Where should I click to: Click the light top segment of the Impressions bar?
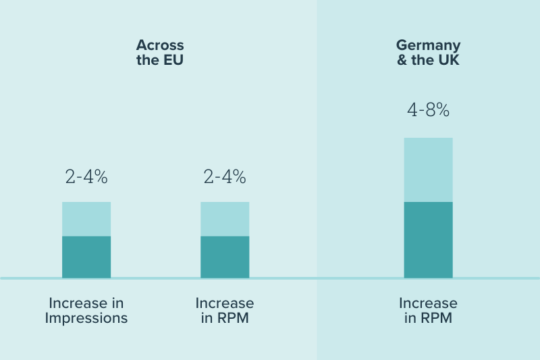(86, 219)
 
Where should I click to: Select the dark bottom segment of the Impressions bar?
(86, 257)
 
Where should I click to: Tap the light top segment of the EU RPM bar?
(225, 219)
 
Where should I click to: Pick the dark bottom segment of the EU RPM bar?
(225, 257)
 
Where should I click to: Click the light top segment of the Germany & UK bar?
(428, 170)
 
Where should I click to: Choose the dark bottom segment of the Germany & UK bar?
(428, 240)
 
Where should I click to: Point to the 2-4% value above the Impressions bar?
(86, 177)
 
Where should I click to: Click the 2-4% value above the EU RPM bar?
(225, 177)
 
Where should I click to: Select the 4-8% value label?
(428, 110)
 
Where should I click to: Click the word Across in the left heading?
(160, 45)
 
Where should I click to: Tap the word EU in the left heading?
(173, 60)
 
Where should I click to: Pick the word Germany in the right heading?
(428, 45)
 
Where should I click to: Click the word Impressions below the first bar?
(86, 318)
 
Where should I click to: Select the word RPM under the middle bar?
(234, 318)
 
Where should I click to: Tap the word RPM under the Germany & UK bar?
(437, 318)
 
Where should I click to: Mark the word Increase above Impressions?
(86, 303)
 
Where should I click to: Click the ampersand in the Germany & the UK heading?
(401, 60)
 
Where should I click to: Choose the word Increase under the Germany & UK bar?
(428, 303)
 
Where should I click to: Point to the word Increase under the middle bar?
(225, 303)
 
